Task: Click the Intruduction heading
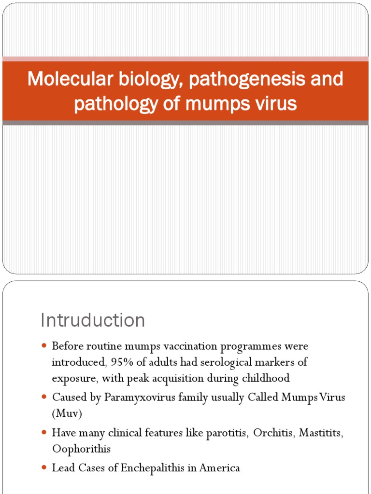[x=93, y=320]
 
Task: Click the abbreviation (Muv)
[x=67, y=413]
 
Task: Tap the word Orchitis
[x=272, y=433]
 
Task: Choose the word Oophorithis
[x=81, y=449]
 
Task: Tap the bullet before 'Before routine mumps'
[x=44, y=346]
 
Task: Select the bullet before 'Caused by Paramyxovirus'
[x=44, y=398]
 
